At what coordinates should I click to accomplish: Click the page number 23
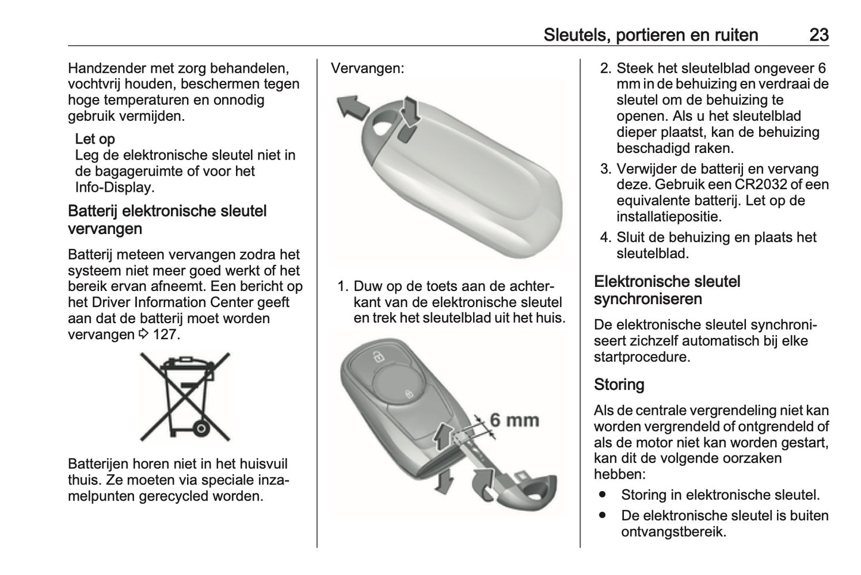pyautogui.click(x=819, y=35)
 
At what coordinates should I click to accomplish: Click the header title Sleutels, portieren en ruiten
pyautogui.click(x=650, y=35)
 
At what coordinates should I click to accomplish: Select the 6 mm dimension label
pyautogui.click(x=514, y=420)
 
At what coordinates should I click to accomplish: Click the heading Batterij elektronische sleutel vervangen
pyautogui.click(x=167, y=220)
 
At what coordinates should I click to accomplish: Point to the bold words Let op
pyautogui.click(x=95, y=139)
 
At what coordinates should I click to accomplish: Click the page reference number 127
pyautogui.click(x=165, y=335)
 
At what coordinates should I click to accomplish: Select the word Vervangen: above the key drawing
pyautogui.click(x=367, y=68)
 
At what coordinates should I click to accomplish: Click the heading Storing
pyautogui.click(x=618, y=385)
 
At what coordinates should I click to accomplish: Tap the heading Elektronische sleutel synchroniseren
pyautogui.click(x=667, y=290)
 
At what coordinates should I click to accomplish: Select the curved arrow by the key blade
pyautogui.click(x=484, y=480)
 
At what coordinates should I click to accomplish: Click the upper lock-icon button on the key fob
pyautogui.click(x=377, y=357)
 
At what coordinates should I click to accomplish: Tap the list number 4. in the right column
pyautogui.click(x=605, y=237)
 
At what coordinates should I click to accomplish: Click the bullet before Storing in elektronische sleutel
pyautogui.click(x=603, y=495)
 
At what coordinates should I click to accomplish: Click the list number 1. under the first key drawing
pyautogui.click(x=343, y=286)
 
